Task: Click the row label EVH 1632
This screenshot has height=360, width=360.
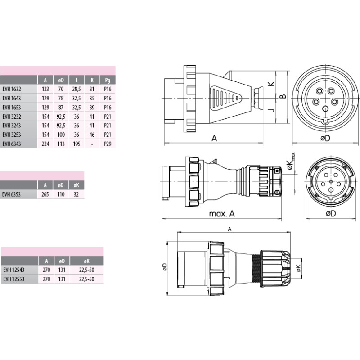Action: [x=12, y=89]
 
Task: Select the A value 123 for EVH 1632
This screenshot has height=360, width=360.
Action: [x=45, y=89]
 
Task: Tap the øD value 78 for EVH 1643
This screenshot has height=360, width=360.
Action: [x=61, y=98]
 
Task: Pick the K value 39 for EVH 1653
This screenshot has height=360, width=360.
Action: [x=92, y=108]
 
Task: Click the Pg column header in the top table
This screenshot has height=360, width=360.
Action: [x=108, y=80]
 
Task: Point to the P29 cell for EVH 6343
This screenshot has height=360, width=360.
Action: [x=108, y=144]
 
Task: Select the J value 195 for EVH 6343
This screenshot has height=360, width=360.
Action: [x=76, y=144]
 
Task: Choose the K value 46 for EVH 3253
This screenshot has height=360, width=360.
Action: [x=92, y=135]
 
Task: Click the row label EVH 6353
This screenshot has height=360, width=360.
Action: [x=12, y=194]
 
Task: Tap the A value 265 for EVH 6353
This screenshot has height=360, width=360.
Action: [x=45, y=194]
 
